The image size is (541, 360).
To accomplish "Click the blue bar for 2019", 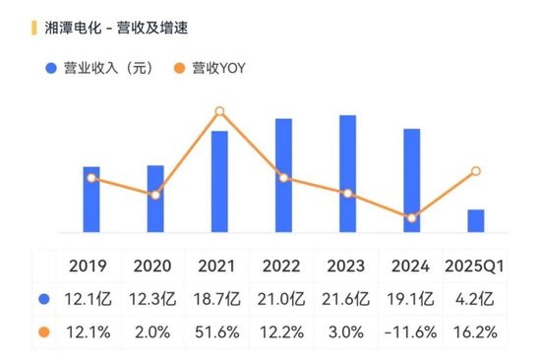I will (91, 200).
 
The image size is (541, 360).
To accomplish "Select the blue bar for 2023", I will (347, 174).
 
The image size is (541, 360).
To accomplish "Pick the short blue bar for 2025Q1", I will (475, 221).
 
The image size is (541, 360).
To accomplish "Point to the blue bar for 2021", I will (219, 182).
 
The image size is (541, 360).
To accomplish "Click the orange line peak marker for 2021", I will (219, 112).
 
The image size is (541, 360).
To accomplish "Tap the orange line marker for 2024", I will (411, 217).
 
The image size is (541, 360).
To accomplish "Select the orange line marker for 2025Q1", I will (475, 171).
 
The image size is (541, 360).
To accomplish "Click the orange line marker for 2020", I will (155, 195).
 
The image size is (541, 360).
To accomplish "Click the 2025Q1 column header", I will (475, 267).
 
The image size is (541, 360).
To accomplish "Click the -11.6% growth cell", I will (411, 332).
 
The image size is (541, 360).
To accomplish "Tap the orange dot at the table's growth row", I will (43, 332).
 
